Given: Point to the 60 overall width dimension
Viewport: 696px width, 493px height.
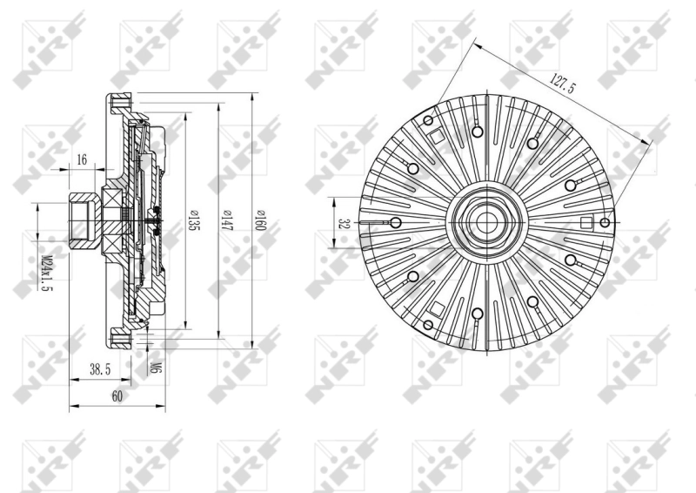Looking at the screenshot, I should [117, 396].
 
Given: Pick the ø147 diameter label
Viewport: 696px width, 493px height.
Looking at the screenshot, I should [225, 219].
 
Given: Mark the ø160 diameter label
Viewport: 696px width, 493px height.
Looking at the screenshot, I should [258, 219].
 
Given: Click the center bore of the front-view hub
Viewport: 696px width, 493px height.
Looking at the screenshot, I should [484, 222].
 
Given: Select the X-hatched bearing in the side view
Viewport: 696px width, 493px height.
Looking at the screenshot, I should [112, 222].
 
